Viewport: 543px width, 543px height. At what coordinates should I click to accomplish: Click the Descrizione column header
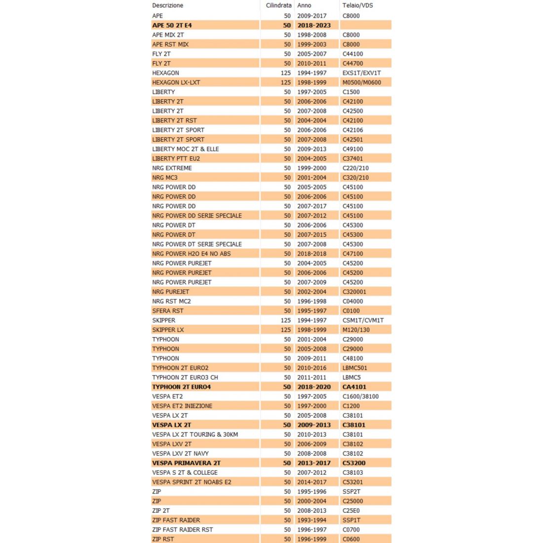167,5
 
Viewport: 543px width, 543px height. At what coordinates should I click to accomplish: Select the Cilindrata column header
278,5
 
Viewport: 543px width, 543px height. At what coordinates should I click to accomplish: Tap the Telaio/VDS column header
357,5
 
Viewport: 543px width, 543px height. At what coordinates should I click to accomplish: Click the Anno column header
304,5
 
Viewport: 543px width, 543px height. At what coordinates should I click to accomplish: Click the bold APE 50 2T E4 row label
172,25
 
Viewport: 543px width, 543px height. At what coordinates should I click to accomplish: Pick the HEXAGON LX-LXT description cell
176,82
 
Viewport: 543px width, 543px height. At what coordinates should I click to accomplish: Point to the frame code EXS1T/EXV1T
361,73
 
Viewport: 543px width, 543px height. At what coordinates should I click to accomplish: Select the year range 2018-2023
314,25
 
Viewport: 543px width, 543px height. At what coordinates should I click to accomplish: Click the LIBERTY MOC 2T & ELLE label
185,149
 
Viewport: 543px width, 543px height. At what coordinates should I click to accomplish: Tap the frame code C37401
352,158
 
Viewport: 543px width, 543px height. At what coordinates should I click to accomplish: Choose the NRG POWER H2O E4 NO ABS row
191,254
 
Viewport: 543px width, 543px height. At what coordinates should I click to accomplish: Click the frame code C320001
354,292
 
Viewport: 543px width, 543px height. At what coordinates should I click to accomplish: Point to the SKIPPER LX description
168,330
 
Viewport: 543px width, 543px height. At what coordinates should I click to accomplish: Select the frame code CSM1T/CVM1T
363,320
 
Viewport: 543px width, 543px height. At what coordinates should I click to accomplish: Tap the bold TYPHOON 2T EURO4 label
181,387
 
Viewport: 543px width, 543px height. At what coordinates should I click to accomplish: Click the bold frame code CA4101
354,387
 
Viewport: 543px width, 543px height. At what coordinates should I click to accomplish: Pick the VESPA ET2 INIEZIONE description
182,406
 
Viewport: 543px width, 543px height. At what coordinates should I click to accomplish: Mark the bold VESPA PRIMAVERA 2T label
186,463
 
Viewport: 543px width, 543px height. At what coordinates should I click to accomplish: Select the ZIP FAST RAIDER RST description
182,530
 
